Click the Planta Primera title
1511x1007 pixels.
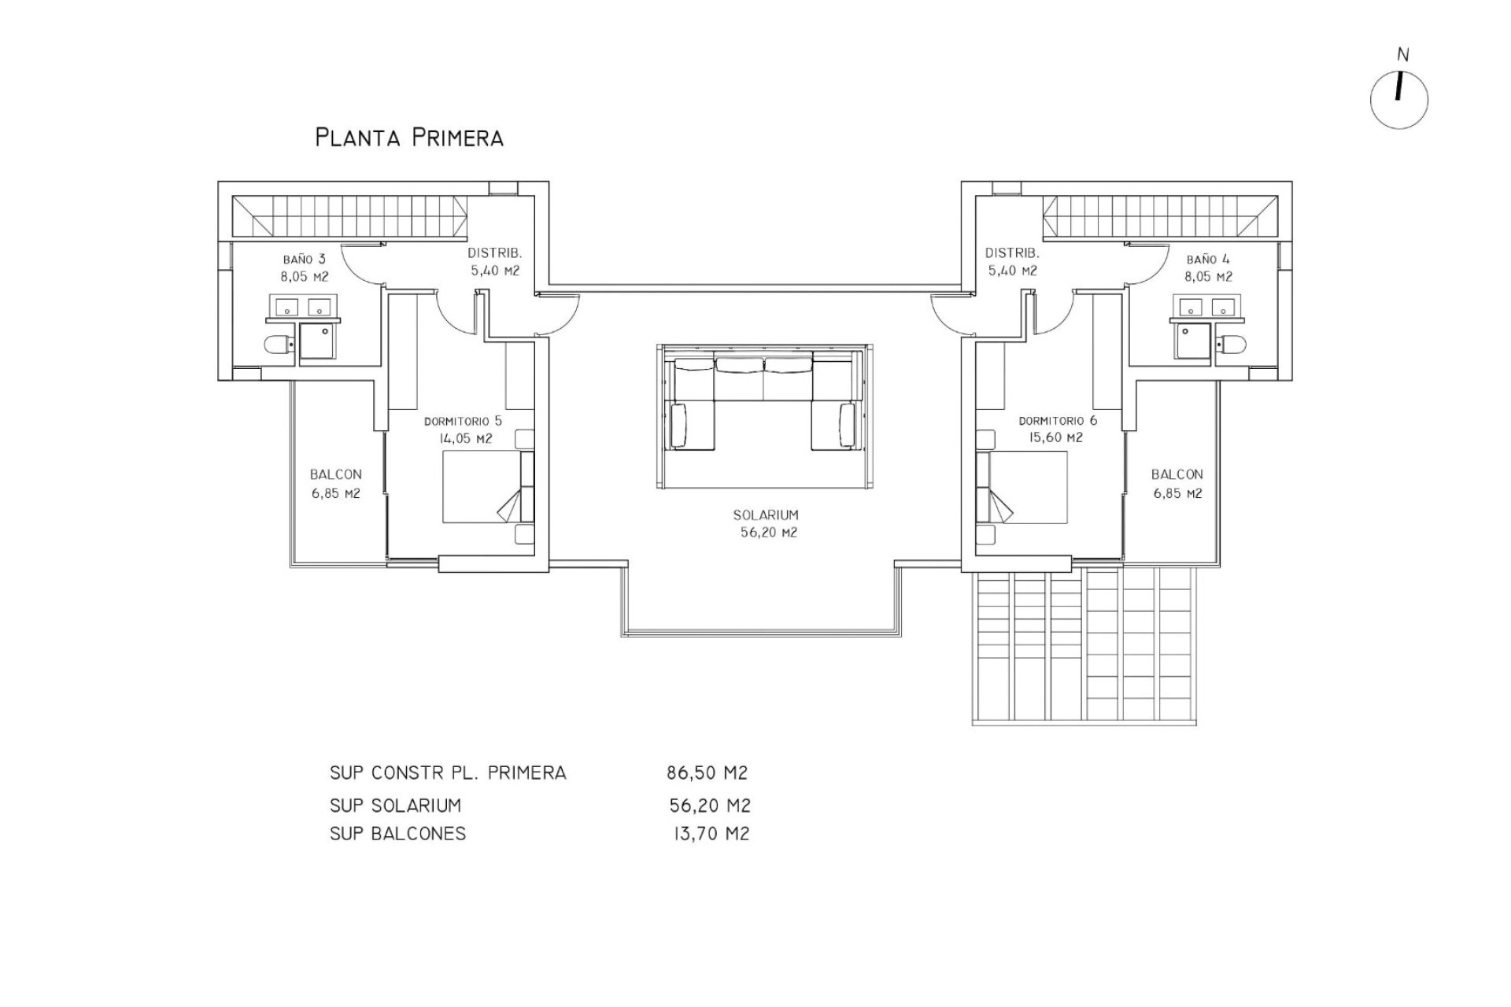tap(409, 138)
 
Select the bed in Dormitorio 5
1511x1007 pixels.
tap(488, 486)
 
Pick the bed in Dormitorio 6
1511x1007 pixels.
tap(1021, 486)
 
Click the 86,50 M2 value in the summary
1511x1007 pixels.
tap(707, 773)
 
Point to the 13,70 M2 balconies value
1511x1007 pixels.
tap(711, 834)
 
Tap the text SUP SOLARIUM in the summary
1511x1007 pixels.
tap(395, 806)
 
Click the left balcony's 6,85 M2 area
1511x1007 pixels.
tap(336, 494)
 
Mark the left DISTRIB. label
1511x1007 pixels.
tap(495, 253)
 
